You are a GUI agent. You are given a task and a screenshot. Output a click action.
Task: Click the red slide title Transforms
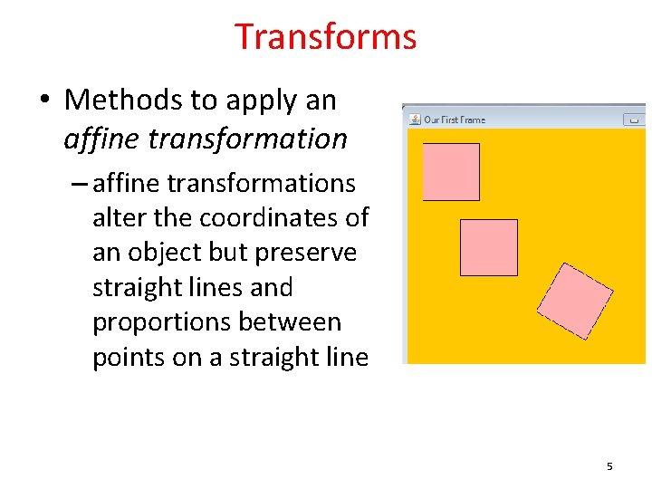325,37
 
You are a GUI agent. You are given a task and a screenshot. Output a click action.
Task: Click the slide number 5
609,466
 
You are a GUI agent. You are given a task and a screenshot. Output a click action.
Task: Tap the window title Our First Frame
455,120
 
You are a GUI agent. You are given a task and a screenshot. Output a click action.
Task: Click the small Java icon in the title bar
414,120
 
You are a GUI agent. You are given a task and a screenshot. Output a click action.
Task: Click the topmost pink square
451,171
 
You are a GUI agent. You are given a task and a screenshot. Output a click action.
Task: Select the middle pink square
489,247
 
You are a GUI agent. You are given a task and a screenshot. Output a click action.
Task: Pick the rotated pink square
575,301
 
